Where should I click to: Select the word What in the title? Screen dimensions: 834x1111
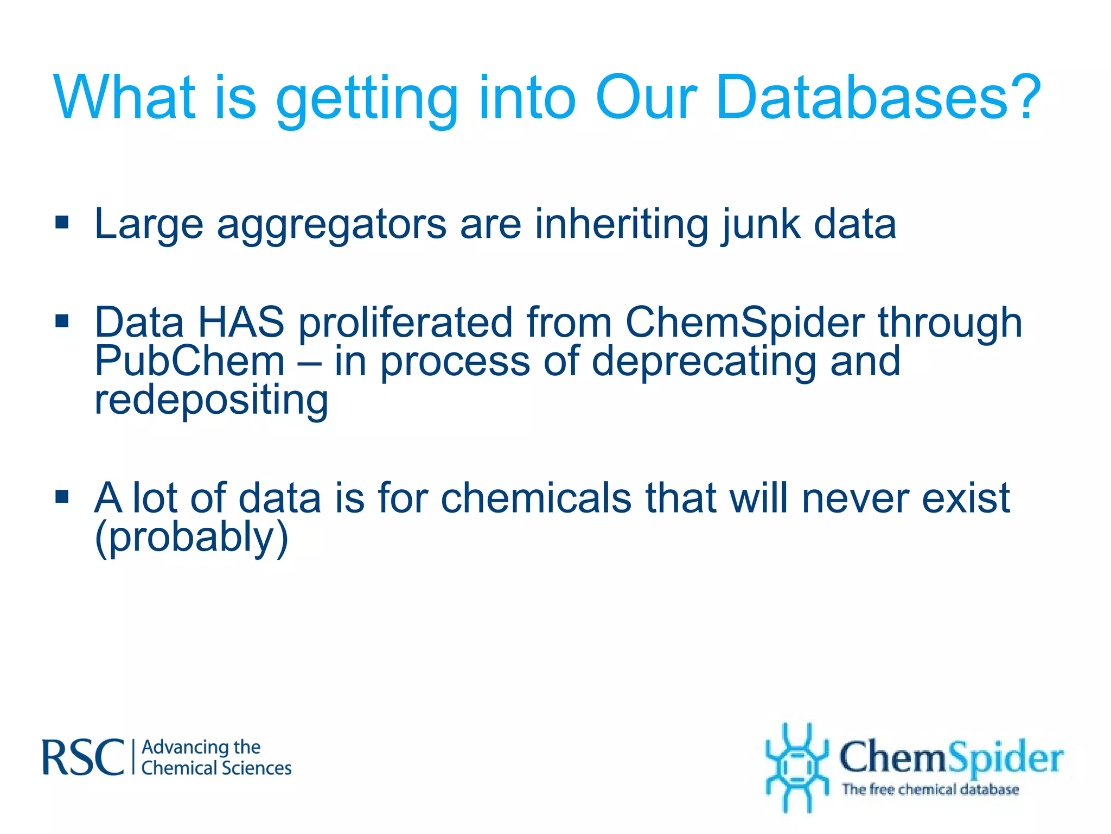pos(124,98)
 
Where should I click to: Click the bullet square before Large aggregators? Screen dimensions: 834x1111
pos(62,223)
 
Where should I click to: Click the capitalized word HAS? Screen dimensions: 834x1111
pos(241,322)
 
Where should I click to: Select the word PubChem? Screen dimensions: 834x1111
pos(189,361)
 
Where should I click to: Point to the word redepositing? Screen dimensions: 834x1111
pos(211,400)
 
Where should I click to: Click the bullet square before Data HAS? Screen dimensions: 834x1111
pos(62,321)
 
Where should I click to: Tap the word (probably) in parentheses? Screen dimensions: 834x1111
pos(191,537)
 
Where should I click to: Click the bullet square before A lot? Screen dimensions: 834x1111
pos(62,496)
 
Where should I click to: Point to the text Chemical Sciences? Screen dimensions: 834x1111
pos(216,768)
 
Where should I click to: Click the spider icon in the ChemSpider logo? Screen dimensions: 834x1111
pos(796,767)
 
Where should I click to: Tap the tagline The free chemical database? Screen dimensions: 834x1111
pos(930,789)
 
